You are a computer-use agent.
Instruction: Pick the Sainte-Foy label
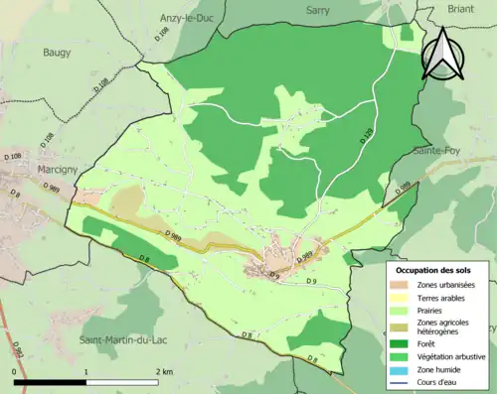point(438,151)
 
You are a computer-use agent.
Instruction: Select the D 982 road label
point(18,352)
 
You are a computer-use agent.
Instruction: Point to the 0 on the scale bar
point(15,371)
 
